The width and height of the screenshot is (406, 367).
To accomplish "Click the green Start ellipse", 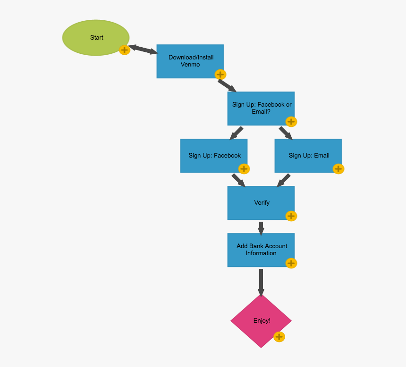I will point(96,38).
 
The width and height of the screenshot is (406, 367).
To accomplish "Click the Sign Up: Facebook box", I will point(212,155).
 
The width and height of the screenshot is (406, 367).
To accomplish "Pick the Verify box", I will point(261,202).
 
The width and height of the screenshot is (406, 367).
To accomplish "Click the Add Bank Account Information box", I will point(261,250).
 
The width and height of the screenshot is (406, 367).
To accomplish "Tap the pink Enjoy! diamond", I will point(261,321).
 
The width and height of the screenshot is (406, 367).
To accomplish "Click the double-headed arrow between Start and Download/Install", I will point(143,49).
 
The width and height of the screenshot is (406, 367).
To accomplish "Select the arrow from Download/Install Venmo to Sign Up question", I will point(227,85).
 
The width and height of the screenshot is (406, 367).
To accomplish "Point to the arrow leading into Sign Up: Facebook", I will point(236,133).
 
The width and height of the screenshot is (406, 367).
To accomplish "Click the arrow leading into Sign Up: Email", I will point(286,133).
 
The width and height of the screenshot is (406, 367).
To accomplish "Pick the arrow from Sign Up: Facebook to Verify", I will point(238,180).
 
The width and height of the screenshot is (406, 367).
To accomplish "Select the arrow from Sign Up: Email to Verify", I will point(284,180).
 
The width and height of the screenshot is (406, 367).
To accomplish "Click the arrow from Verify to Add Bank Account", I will point(261,228).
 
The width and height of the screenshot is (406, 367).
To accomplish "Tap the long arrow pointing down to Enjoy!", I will point(261,282).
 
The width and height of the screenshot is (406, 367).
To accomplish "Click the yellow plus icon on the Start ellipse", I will point(124,50).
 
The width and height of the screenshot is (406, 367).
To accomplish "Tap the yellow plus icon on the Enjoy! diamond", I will point(279,337).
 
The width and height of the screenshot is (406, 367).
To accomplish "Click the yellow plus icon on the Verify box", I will point(291,216).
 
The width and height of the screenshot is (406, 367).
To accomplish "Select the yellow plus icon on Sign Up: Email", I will point(338,169).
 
